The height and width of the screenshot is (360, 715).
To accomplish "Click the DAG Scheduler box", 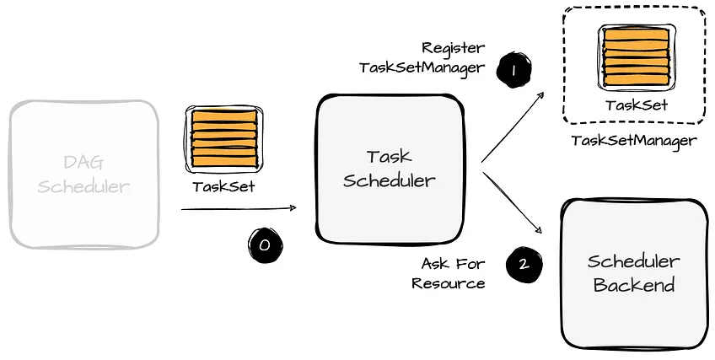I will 84,174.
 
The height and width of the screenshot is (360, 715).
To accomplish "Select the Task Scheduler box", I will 390,168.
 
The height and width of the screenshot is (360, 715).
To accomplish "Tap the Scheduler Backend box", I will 634,272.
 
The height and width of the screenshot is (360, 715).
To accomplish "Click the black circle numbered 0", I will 265,244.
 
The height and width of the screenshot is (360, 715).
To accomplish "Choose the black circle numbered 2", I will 524,265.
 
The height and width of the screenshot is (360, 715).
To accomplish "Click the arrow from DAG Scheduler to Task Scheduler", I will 239,208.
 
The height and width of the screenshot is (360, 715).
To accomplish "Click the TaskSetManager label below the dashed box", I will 634,141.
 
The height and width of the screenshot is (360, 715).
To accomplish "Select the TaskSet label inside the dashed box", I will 637,105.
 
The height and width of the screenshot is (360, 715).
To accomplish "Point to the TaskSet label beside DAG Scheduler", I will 223,186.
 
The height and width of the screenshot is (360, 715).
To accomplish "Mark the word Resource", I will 448,283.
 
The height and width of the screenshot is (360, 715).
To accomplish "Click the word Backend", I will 634,285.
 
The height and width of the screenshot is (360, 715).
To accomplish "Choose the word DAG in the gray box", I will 84,162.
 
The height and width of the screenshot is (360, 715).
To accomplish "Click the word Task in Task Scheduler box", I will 389,156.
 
